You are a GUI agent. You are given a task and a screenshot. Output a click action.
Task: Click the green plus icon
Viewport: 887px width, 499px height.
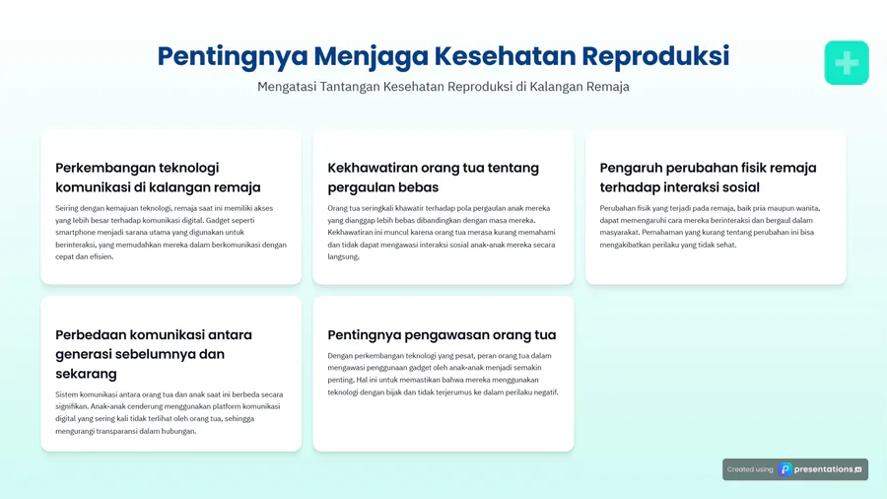click(x=847, y=63)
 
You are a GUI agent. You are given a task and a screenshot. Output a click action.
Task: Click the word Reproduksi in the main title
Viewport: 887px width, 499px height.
click(x=655, y=56)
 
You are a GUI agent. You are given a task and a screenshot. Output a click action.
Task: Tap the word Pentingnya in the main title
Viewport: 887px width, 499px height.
click(x=233, y=57)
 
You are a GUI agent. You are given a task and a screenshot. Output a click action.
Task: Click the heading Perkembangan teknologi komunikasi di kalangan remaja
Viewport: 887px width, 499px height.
click(x=158, y=178)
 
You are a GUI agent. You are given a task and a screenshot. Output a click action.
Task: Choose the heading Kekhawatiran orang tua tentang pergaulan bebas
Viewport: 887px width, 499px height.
click(x=434, y=178)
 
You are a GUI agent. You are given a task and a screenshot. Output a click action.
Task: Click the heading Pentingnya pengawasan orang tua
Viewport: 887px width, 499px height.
click(x=442, y=335)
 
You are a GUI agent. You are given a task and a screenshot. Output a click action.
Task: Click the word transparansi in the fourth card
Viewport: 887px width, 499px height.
click(x=117, y=431)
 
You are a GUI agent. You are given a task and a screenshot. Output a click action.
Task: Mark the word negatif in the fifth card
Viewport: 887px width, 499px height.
click(x=545, y=392)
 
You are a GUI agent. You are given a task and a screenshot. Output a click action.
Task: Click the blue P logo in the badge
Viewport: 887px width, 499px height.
click(x=785, y=469)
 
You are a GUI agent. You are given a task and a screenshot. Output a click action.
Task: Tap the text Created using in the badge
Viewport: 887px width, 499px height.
click(x=750, y=469)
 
